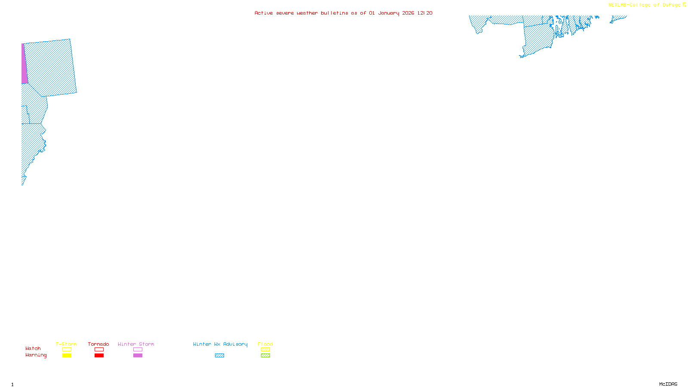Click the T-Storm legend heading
coord(66,344)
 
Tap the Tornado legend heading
coord(98,344)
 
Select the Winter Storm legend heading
coord(136,344)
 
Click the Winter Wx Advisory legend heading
coord(220,344)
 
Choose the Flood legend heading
coord(265,344)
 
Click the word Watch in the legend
coord(33,348)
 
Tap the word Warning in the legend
coord(36,355)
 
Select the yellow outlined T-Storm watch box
coord(67,350)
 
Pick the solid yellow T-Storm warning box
coord(67,356)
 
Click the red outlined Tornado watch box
coord(99,350)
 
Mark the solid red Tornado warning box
coord(99,356)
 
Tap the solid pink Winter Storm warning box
coord(138,356)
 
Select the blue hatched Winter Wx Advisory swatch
coord(219,356)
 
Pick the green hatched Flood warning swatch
coord(265,356)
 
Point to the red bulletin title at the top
coord(343,13)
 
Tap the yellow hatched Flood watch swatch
coord(265,350)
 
